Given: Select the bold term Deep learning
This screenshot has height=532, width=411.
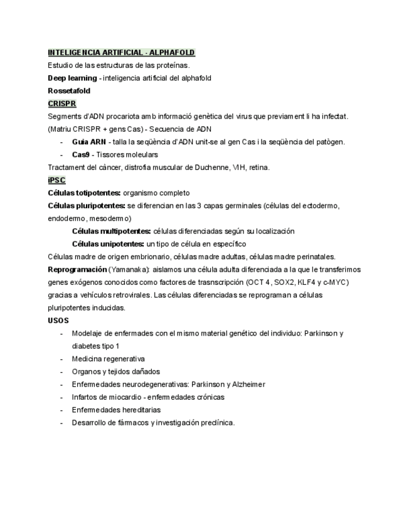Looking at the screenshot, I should click(72, 78).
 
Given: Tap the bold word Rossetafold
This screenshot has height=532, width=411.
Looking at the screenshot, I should click(69, 91).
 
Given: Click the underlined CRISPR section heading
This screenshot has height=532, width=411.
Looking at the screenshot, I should click(61, 104).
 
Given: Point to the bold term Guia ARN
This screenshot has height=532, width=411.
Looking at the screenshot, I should click(88, 142).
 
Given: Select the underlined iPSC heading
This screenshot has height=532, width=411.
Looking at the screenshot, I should click(56, 180).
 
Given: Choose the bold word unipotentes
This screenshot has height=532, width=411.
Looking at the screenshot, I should click(122, 244).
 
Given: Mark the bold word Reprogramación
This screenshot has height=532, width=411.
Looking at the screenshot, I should click(77, 269).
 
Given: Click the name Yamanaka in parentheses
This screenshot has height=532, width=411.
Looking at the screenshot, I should click(129, 269).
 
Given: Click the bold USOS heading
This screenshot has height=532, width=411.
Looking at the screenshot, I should click(58, 321).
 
